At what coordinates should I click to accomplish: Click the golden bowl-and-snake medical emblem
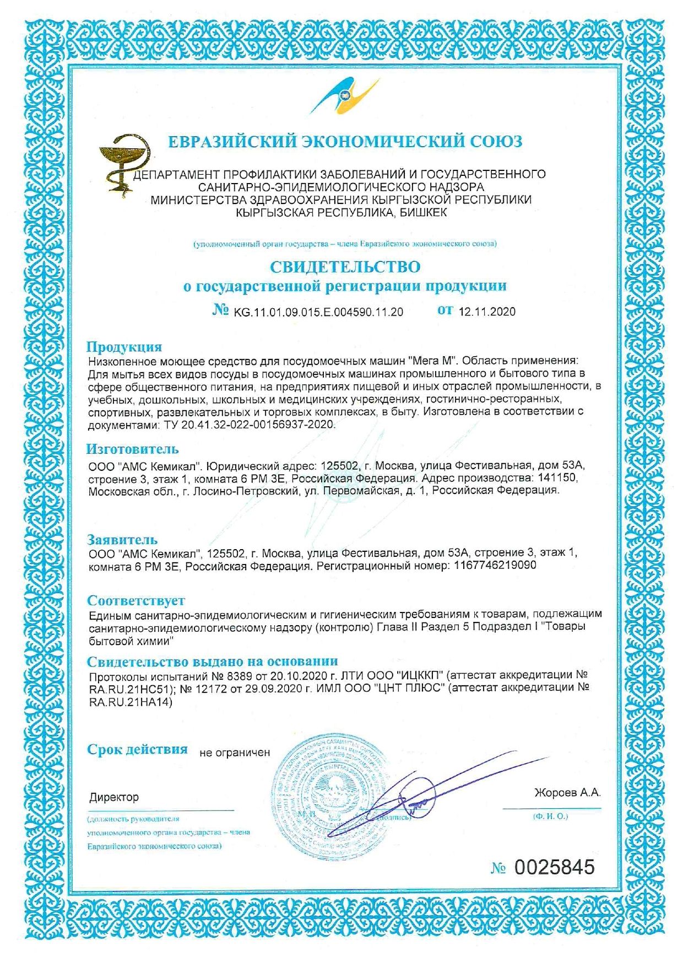pos(124,163)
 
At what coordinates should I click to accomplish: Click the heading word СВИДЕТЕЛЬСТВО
pos(345,267)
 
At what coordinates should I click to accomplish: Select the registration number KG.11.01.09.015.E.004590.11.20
pos(318,312)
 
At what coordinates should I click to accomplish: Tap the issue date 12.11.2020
pos(487,312)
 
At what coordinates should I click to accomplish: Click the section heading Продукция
pos(124,347)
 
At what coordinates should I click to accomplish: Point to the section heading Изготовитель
pos(132,449)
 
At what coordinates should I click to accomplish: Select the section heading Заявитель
pos(122,540)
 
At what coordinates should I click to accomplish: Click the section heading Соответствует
pos(136,600)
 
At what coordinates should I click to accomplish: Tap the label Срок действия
pos(137,750)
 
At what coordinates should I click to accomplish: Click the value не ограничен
pos(235,753)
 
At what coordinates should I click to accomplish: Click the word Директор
pos(114,797)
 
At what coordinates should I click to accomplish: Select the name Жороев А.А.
pos(567,793)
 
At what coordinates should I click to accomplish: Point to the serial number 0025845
pos(555,867)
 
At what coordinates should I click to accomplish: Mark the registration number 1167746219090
pos(494,566)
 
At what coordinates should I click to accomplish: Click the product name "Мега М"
pos(433,361)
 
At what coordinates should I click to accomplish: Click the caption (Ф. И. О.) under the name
pos(551,816)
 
